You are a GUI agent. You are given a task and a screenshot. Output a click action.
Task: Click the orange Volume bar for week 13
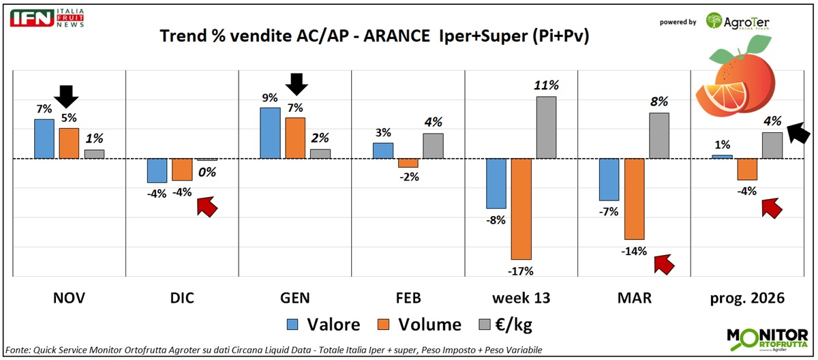click(521, 209)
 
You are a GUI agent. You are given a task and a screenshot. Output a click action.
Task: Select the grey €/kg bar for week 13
click(547, 127)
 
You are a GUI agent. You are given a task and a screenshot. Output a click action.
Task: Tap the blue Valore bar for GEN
click(270, 133)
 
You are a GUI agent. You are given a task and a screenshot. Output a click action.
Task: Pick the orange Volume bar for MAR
click(634, 199)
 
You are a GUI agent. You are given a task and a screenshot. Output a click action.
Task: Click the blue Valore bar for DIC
click(157, 170)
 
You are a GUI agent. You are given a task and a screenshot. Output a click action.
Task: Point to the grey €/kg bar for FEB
click(433, 146)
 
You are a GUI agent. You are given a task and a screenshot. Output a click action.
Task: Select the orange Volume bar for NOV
click(69, 143)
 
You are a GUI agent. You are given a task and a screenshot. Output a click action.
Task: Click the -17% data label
click(521, 271)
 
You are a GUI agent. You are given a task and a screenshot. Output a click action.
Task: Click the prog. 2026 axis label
click(748, 298)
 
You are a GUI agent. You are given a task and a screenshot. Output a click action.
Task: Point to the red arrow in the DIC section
click(206, 205)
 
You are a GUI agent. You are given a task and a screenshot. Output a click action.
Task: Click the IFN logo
click(32, 18)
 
